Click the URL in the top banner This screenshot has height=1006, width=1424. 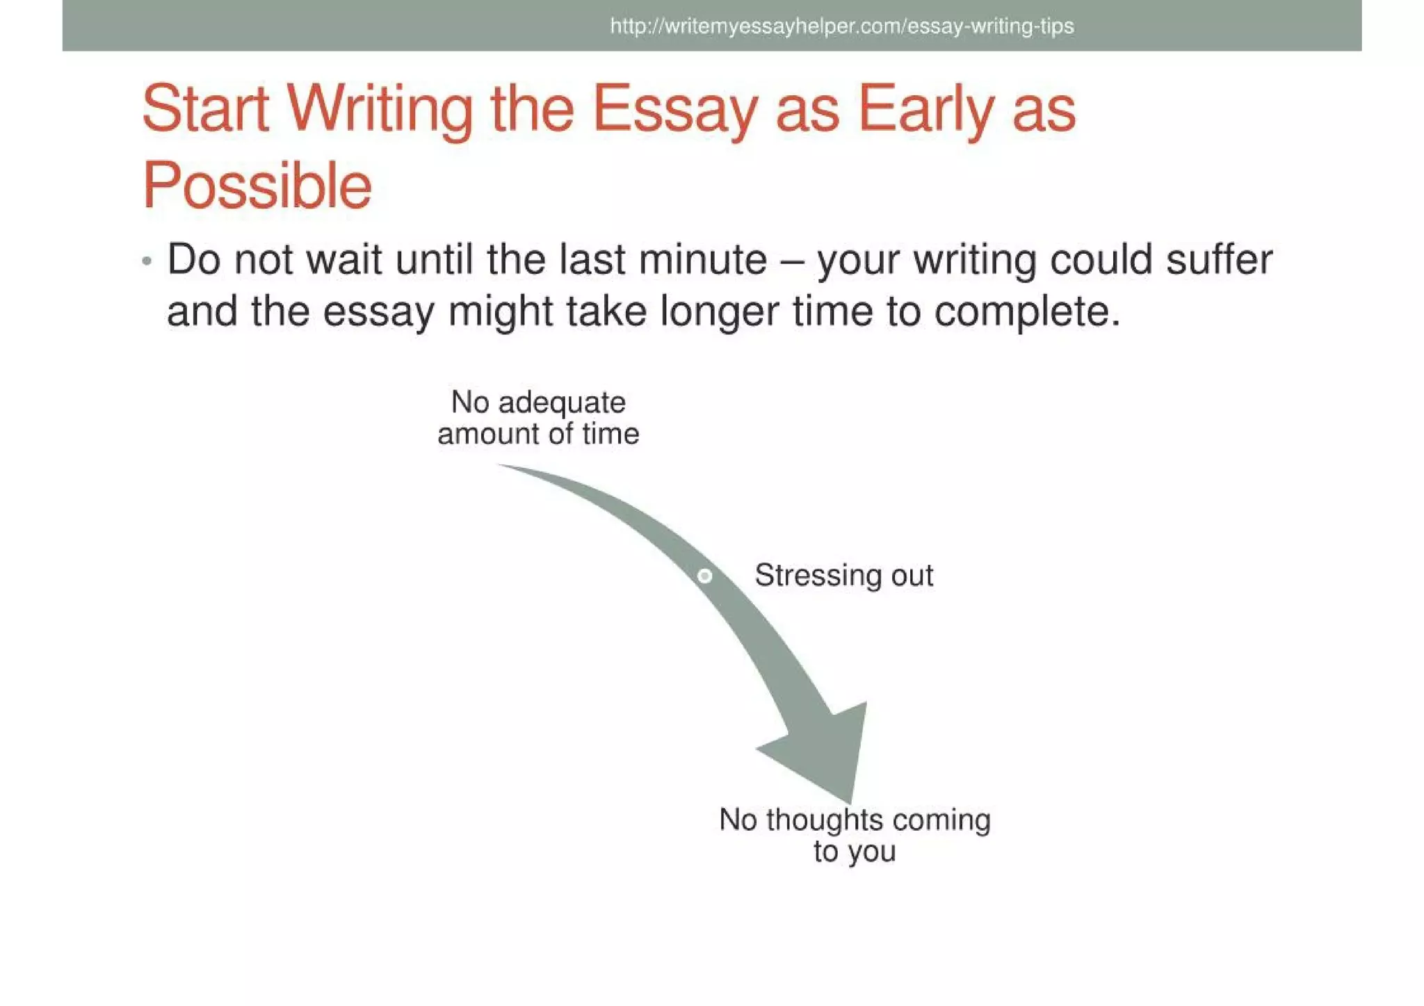coord(841,26)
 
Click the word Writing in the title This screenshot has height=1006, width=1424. coord(379,110)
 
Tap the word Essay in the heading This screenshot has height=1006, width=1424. coord(674,110)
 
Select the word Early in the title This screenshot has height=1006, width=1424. coord(925,110)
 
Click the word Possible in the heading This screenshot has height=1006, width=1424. coord(257,186)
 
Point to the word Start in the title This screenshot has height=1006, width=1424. coord(205,110)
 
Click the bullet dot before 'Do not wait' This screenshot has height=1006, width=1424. coord(147,261)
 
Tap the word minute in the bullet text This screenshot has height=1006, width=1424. coord(702,260)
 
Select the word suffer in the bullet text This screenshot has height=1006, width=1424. coord(1218,260)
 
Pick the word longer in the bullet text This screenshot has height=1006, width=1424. coord(719,311)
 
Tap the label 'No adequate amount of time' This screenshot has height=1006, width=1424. coord(538,418)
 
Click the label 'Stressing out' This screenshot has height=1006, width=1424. coord(843,576)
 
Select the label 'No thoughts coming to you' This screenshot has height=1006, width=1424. coord(855,835)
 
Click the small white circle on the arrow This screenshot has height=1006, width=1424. coord(704,576)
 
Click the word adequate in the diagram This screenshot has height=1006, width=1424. coord(562,403)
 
